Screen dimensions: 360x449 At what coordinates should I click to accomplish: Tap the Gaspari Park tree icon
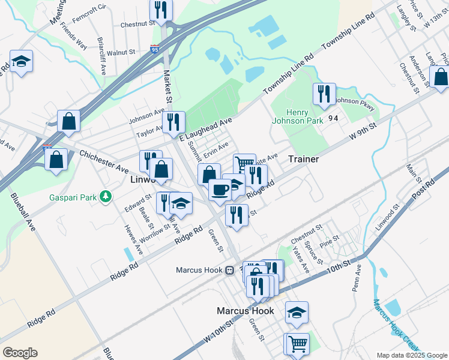106,196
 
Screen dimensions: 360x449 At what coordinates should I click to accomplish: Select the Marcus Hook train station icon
229,270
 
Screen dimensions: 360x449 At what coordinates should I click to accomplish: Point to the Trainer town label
303,159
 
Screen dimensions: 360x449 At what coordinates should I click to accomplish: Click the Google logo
20,353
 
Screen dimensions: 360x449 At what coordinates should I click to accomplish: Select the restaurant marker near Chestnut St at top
161,9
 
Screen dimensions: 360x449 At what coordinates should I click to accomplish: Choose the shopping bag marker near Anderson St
441,77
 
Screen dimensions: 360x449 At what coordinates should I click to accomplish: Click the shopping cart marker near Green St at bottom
297,344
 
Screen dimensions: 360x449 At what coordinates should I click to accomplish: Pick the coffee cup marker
220,189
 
